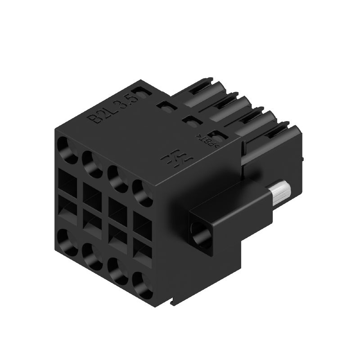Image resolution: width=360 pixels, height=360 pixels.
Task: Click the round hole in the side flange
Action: pos(201,234)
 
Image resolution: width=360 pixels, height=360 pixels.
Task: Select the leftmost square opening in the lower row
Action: pos(67,211)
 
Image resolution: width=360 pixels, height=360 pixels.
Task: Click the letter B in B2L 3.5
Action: pos(95,118)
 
